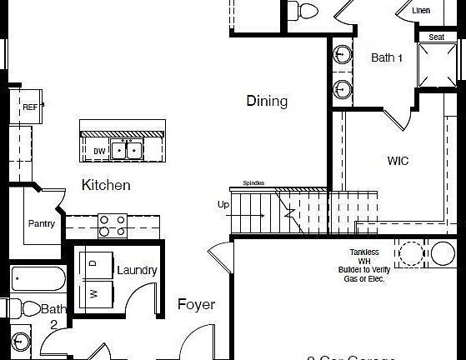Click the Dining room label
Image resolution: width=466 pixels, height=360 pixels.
pos(267,102)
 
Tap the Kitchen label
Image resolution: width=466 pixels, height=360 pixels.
pos(106,185)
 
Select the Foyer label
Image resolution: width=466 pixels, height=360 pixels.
pos(196,304)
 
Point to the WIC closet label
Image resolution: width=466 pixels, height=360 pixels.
pos(398,161)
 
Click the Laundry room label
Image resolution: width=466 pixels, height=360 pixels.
pos(137,270)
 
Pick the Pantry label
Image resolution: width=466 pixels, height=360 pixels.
pos(42,223)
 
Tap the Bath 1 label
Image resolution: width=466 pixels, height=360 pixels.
pos(387,57)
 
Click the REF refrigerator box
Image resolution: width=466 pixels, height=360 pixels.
pos(29,107)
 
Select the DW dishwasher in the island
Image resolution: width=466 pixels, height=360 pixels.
pos(99,151)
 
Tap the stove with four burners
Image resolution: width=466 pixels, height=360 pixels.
pos(113,226)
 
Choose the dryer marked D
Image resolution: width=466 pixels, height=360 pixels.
pos(93,262)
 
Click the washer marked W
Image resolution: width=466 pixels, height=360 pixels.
pos(93,293)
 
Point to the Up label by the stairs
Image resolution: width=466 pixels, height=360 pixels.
pos(223,204)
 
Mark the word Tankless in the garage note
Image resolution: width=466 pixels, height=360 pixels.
pos(364,252)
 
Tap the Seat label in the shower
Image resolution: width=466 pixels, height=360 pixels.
pos(436,37)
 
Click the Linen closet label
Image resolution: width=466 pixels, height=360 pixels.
pos(422,10)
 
